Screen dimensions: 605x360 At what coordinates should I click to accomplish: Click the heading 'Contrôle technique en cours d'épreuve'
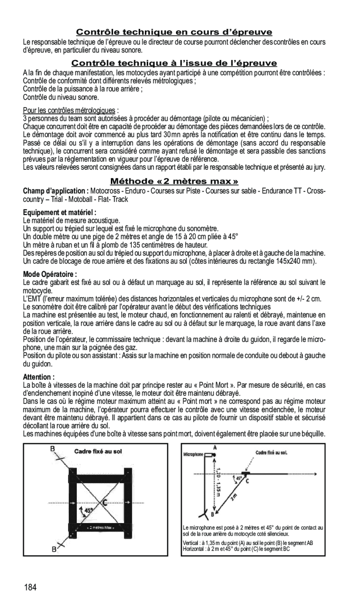(x=174, y=32)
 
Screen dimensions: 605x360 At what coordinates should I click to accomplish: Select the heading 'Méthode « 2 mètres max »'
(x=174, y=181)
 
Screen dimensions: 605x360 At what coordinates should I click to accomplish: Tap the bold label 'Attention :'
(x=39, y=377)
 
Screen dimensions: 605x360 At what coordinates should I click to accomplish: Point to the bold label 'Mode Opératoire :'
(x=50, y=274)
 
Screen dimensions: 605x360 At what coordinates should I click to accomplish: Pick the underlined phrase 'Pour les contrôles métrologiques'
(x=69, y=110)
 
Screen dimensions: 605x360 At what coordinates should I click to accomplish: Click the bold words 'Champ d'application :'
(x=56, y=191)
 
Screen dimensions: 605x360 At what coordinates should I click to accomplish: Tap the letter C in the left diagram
(x=105, y=502)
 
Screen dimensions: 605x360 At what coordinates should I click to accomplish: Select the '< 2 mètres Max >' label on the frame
(x=101, y=528)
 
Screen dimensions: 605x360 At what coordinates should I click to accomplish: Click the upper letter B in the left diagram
(x=53, y=449)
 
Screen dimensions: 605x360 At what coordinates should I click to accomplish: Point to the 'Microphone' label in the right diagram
(x=193, y=454)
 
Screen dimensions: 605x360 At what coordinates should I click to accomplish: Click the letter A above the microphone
(x=215, y=447)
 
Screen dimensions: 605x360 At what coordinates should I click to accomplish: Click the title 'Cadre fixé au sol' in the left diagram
(x=98, y=451)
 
